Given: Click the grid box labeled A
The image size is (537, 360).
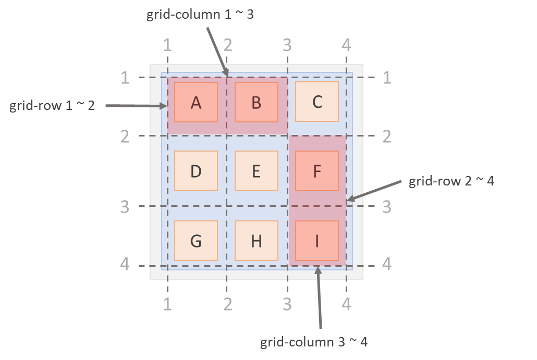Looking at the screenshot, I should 196,102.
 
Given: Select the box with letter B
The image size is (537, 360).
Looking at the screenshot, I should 256,102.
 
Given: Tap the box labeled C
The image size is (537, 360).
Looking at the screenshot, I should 317,102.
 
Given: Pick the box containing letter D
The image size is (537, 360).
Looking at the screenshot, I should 196,171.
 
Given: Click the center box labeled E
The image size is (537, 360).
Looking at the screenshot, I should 256,171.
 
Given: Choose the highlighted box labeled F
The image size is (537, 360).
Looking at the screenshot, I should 317,171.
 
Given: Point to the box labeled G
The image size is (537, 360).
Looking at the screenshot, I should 196,241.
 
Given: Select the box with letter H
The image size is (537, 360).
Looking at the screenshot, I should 256,241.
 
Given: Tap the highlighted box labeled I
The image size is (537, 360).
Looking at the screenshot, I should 317,241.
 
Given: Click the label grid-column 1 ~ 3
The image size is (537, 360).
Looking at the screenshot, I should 200,14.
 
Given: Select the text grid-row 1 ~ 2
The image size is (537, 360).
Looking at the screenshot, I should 52,106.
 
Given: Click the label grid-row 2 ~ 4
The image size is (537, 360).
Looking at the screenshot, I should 451,181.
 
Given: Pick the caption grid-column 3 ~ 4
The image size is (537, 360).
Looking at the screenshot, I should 314,342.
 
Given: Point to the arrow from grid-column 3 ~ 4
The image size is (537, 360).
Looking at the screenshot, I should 319,297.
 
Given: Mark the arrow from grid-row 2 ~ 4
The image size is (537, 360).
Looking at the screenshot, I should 373,190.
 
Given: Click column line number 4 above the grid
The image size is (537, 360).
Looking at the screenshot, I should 346,45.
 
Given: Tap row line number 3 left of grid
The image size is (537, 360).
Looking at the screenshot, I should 125,207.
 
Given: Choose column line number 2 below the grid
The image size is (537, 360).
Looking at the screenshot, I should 227,304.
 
